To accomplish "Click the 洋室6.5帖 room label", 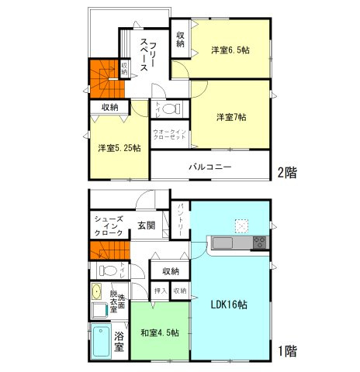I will pyautogui.click(x=230, y=50).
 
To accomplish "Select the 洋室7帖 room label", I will pyautogui.click(x=230, y=117).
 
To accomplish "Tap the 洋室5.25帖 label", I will pyautogui.click(x=119, y=148).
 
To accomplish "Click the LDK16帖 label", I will pyautogui.click(x=229, y=305).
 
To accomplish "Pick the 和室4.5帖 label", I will pyautogui.click(x=160, y=332).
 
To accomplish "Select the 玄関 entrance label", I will pyautogui.click(x=146, y=226).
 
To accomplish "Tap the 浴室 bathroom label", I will pyautogui.click(x=119, y=342).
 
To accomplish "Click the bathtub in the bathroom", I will pyautogui.click(x=100, y=342).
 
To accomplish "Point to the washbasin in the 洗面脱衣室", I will pyautogui.click(x=97, y=292).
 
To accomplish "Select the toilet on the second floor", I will pyautogui.click(x=172, y=107).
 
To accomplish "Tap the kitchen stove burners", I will pyautogui.click(x=258, y=243).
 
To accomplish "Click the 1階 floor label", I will pyautogui.click(x=286, y=350).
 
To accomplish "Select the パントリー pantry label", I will pyautogui.click(x=180, y=219).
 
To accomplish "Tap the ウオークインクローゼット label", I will pyautogui.click(x=168, y=136).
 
